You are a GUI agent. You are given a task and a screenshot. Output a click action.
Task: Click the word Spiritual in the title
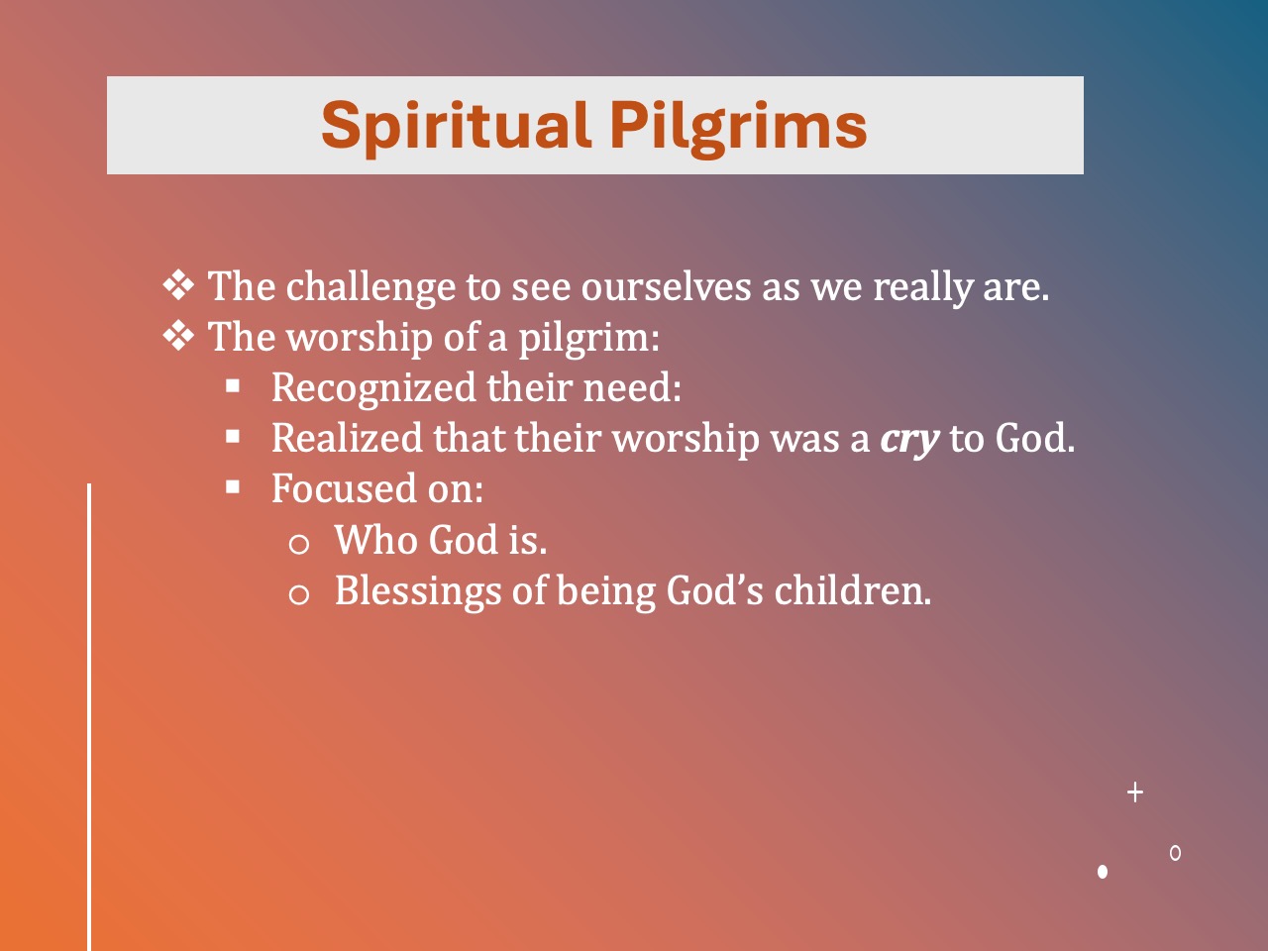point(455,126)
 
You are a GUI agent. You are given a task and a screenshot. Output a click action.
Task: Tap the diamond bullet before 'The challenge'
point(178,285)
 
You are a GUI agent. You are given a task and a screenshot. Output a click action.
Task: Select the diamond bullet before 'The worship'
point(178,337)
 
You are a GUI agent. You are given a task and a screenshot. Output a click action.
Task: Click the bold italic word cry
point(908,439)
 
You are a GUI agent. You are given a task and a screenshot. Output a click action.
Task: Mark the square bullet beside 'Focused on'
point(233,487)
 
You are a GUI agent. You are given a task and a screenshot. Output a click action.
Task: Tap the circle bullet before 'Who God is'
point(298,543)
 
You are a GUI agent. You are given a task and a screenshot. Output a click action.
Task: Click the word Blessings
point(417,591)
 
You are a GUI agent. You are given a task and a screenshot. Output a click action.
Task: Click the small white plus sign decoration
point(1135,792)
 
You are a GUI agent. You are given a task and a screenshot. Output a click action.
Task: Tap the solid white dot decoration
point(1103,872)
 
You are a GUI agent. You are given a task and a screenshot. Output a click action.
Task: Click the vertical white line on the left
point(89,713)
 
